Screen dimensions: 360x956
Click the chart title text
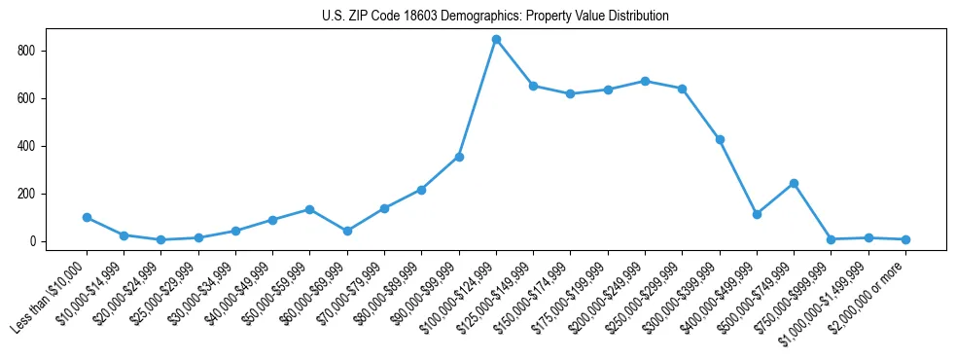pos(495,17)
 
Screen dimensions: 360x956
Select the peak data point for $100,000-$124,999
pos(496,40)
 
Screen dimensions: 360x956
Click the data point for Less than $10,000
pos(87,218)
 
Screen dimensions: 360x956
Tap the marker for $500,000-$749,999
pos(794,183)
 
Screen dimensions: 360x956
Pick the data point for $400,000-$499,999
pos(757,214)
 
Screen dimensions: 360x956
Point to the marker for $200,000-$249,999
pos(645,81)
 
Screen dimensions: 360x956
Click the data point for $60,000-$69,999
pos(347,231)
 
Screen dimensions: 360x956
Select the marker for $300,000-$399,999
pos(720,139)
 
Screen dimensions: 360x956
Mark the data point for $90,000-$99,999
pos(459,157)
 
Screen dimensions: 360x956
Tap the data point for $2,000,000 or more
pos(905,239)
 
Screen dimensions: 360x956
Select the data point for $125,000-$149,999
pos(533,86)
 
